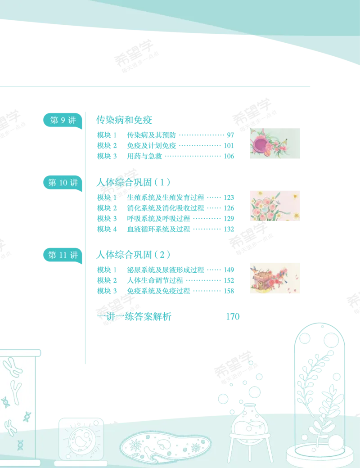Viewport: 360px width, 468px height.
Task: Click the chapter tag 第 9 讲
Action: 63,120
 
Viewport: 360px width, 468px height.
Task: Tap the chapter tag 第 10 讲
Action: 63,182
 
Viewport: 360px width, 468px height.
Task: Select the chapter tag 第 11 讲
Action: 63,255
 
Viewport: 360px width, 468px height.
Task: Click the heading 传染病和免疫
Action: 124,120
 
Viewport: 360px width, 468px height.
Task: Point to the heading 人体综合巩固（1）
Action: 134,182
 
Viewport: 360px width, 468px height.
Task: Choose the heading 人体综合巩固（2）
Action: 134,255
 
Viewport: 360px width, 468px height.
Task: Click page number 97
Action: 230,135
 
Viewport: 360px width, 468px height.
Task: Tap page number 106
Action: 229,156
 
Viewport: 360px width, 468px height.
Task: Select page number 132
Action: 229,229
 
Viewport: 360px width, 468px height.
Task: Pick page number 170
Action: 233,316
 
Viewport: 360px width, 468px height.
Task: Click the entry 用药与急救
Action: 144,156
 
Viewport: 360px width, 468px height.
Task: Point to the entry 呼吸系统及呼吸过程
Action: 158,219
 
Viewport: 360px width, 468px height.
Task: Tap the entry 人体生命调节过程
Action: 155,280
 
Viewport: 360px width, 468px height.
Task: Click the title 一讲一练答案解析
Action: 134,316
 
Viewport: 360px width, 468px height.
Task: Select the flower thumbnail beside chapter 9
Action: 275,143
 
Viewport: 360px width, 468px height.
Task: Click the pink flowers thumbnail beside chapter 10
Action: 275,206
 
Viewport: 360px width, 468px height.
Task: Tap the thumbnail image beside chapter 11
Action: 275,278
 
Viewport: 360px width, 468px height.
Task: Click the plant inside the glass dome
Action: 320,397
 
